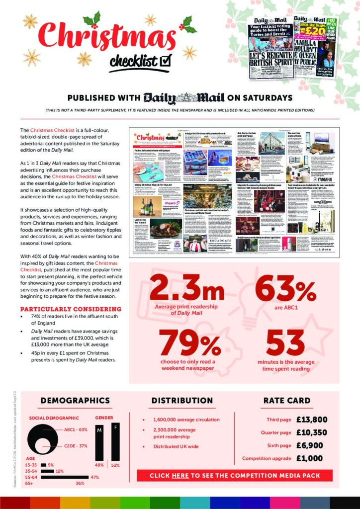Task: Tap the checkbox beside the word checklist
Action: [166, 60]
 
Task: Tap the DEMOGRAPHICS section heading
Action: [75, 401]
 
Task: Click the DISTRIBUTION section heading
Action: [182, 401]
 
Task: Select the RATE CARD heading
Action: [287, 401]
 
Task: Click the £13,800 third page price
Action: [312, 420]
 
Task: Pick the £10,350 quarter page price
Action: [312, 432]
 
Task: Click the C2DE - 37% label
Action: [76, 446]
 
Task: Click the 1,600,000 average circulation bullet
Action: [186, 420]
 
